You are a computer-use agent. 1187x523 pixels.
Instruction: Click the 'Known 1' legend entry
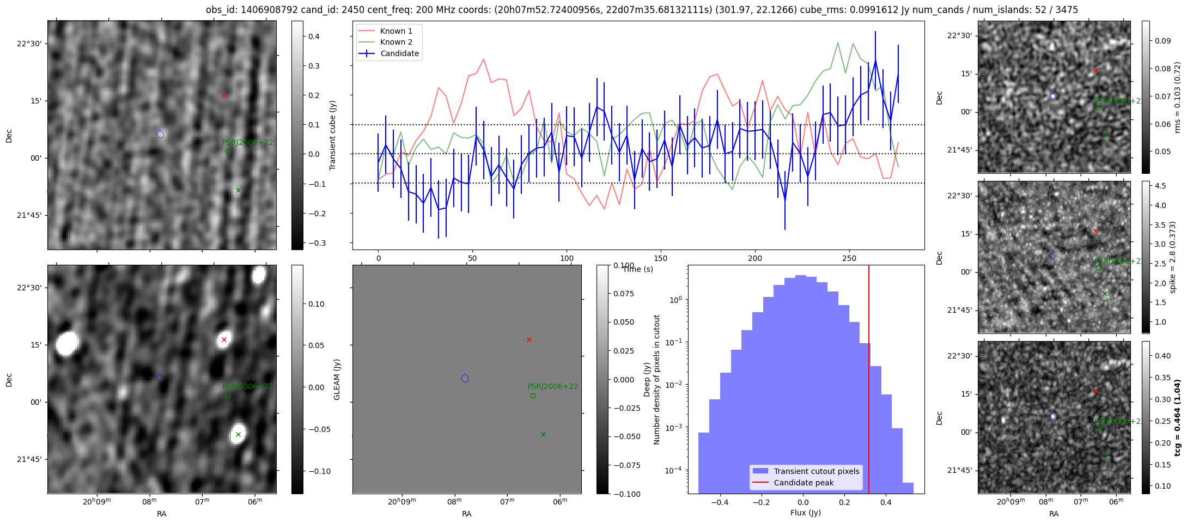(x=396, y=31)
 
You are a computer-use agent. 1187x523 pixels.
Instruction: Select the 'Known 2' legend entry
(x=396, y=42)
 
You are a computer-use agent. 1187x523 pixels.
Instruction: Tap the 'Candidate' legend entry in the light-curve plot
(x=399, y=53)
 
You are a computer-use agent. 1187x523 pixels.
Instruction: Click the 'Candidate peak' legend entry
(x=803, y=483)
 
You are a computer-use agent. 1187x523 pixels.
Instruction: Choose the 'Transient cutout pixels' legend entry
(x=816, y=471)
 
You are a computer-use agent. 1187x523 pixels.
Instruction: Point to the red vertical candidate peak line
(x=868, y=381)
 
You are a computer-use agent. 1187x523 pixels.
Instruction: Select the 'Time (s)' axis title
(x=637, y=269)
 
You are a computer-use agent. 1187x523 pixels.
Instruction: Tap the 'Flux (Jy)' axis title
(x=805, y=513)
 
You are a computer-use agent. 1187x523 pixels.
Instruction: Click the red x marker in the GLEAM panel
(x=529, y=340)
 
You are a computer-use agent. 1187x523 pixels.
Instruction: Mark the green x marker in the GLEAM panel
(x=543, y=434)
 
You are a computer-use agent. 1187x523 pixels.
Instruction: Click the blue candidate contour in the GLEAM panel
(x=465, y=378)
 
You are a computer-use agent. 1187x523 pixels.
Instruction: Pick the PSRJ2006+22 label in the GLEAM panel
(x=552, y=387)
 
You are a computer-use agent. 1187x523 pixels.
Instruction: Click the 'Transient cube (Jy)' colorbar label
(x=332, y=135)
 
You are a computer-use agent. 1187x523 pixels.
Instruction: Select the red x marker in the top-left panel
(x=224, y=96)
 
